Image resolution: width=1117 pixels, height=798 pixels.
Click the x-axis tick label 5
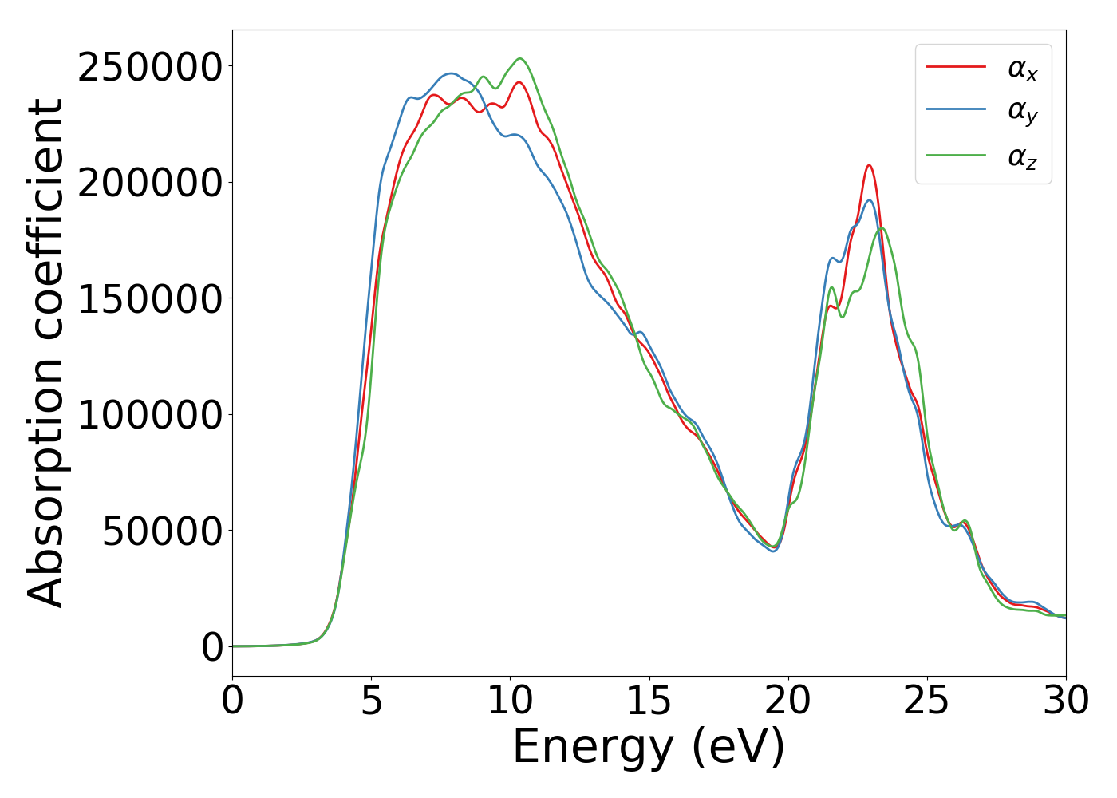pyautogui.click(x=372, y=701)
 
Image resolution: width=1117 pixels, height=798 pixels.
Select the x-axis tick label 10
pyautogui.click(x=511, y=701)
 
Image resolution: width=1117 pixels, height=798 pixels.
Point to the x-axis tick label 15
pyautogui.click(x=649, y=701)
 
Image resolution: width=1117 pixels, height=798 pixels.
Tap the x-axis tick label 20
pyautogui.click(x=788, y=701)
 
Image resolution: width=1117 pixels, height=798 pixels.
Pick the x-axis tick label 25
pyautogui.click(x=927, y=701)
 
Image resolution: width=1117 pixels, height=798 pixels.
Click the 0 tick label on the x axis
pyautogui.click(x=233, y=701)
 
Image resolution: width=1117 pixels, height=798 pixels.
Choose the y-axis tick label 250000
pyautogui.click(x=150, y=67)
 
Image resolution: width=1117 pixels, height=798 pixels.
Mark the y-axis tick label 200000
pyautogui.click(x=150, y=183)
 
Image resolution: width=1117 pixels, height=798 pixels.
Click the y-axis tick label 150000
pyautogui.click(x=150, y=299)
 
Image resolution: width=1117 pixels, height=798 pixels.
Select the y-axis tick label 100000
pyautogui.click(x=150, y=415)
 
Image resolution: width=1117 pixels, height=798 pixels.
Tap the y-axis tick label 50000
pyautogui.click(x=162, y=531)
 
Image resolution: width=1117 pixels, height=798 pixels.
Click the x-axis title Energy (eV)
pyautogui.click(x=649, y=748)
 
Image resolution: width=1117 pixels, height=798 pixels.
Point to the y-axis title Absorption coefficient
pyautogui.click(x=46, y=353)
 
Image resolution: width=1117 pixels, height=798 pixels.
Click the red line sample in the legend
pyautogui.click(x=956, y=67)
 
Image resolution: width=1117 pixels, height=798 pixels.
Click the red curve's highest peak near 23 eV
pyautogui.click(x=869, y=165)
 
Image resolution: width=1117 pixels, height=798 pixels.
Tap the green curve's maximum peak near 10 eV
pyautogui.click(x=520, y=58)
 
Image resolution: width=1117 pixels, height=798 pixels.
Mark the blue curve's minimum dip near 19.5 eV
pyautogui.click(x=773, y=551)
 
